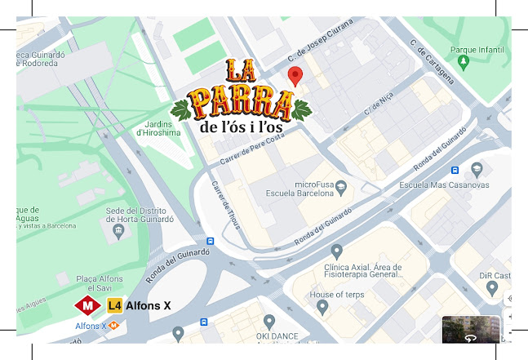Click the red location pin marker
tap(295, 76)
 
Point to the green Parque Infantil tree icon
tap(464, 61)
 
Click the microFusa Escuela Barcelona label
tap(299, 189)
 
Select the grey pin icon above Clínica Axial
tap(336, 251)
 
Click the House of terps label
tap(337, 295)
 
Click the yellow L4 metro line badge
tap(115, 306)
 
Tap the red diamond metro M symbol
tap(87, 306)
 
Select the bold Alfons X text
tap(149, 306)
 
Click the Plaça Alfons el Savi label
tap(100, 283)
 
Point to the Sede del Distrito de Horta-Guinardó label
tap(139, 214)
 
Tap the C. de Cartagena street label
tap(433, 64)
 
